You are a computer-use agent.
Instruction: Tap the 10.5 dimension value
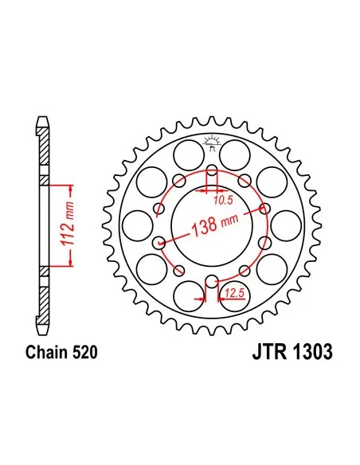(x=223, y=201)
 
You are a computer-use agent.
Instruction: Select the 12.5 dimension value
(x=234, y=294)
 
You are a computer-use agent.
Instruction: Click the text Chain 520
(x=61, y=353)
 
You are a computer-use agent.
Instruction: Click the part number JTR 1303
(x=292, y=352)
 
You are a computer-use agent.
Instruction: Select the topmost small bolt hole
(x=212, y=170)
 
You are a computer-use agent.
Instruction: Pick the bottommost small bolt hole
(x=211, y=282)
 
